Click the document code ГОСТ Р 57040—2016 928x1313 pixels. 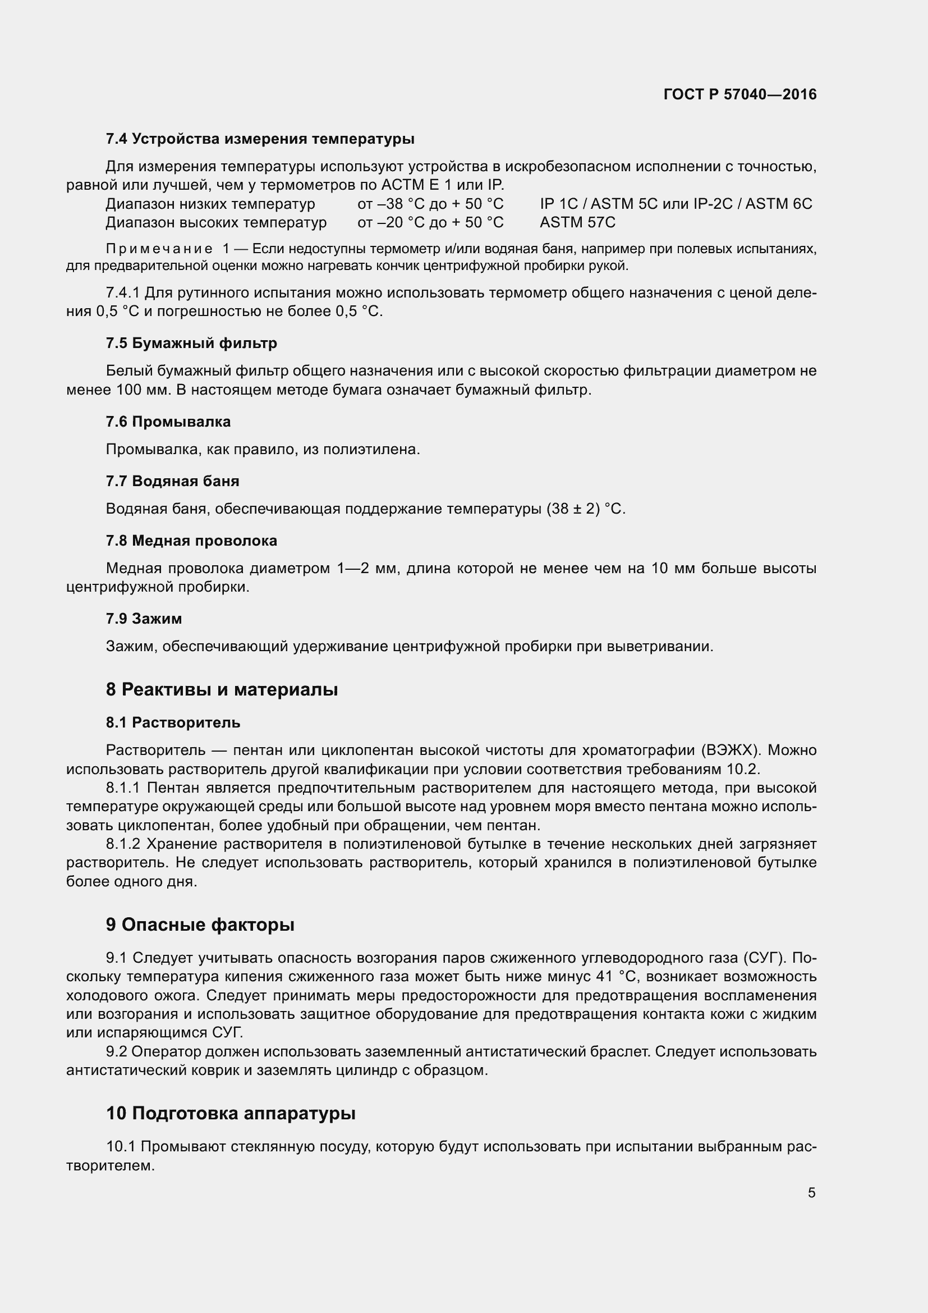click(740, 94)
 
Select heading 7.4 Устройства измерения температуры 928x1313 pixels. click(260, 139)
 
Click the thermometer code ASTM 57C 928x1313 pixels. click(577, 222)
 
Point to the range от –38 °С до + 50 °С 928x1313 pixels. click(430, 204)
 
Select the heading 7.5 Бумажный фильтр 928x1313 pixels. click(191, 343)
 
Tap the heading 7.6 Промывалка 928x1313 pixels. click(168, 422)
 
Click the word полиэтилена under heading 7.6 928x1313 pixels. click(371, 450)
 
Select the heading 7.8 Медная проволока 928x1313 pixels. click(191, 541)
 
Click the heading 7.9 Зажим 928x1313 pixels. click(144, 618)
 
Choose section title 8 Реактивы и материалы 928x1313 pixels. click(222, 690)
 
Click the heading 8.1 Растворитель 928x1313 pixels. click(173, 722)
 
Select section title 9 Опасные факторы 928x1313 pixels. click(200, 925)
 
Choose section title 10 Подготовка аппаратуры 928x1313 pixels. click(231, 1113)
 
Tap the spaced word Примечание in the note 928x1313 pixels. click(159, 249)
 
